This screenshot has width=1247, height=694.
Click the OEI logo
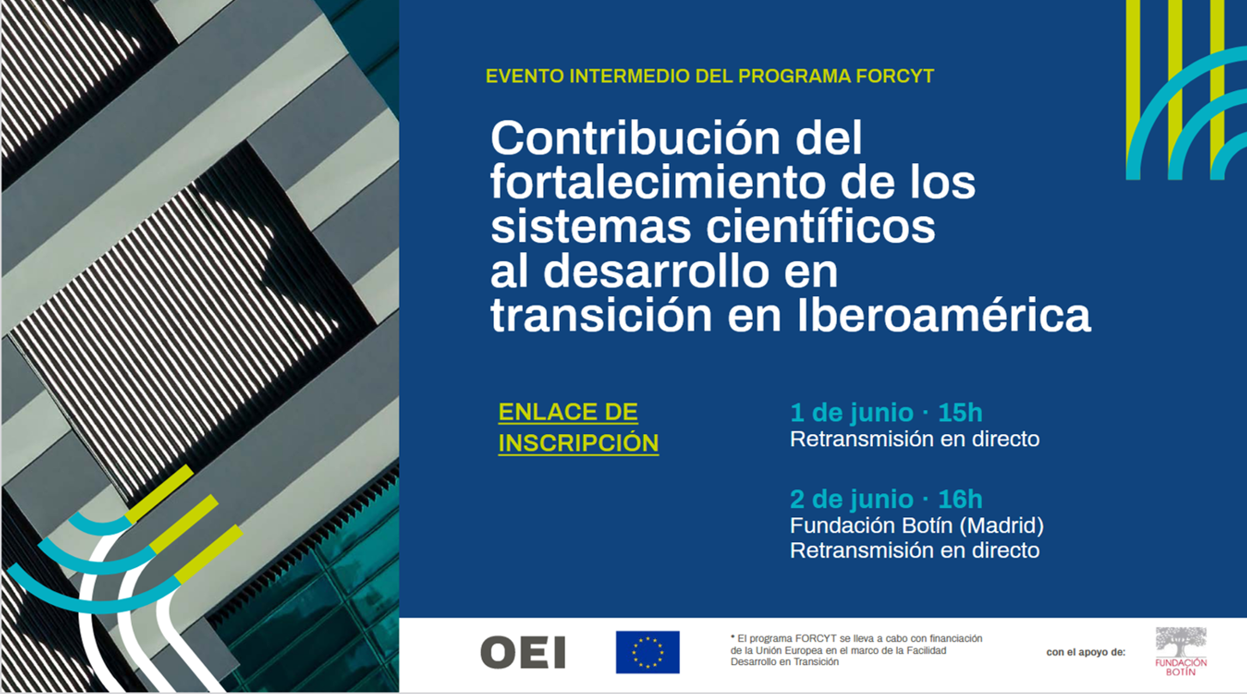click(x=522, y=653)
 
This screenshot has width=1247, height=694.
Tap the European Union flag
click(x=648, y=652)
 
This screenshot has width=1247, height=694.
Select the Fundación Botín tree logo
click(x=1181, y=643)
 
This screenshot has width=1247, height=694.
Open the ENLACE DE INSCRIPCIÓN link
click(x=578, y=427)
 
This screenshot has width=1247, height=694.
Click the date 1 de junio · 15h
click(x=886, y=413)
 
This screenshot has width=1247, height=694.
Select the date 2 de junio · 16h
click(x=886, y=498)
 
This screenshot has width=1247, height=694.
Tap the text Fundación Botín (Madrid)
click(x=916, y=524)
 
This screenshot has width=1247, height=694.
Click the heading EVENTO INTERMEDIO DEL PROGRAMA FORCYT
click(x=709, y=75)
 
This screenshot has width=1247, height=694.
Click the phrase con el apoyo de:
click(x=1085, y=653)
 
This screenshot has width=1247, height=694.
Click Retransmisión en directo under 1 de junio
click(x=914, y=439)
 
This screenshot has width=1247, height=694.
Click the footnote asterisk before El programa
click(x=733, y=637)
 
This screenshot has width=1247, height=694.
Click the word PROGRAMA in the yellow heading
click(x=793, y=75)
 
